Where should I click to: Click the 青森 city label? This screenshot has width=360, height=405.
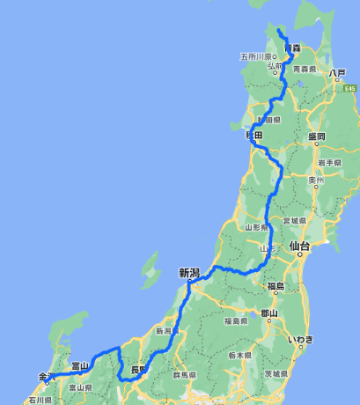pyautogui.click(x=281, y=49)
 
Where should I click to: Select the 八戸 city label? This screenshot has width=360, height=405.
pyautogui.click(x=335, y=74)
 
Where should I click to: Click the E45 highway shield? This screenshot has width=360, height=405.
pyautogui.click(x=349, y=88)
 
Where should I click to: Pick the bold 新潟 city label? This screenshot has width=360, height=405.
pyautogui.click(x=189, y=273)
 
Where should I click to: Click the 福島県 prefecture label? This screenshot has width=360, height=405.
pyautogui.click(x=239, y=320)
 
